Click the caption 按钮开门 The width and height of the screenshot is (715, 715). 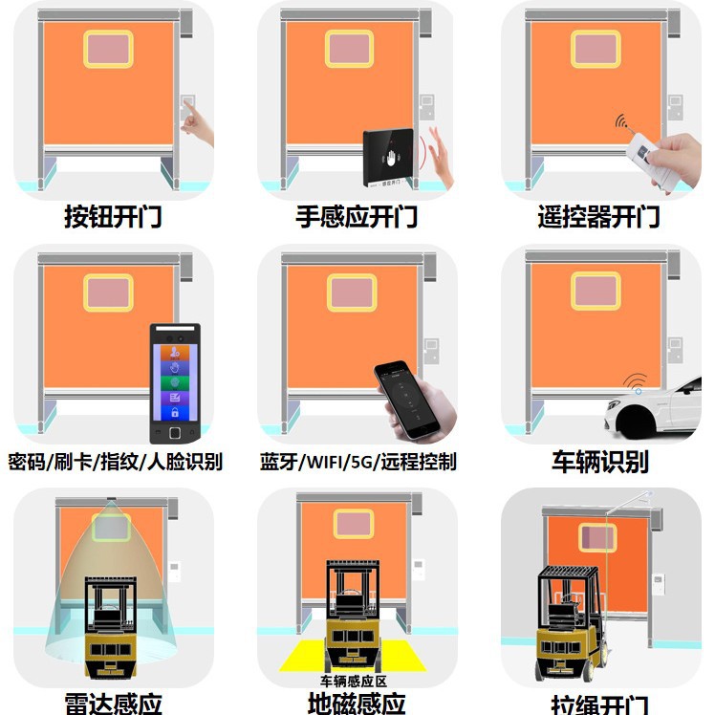click(x=113, y=217)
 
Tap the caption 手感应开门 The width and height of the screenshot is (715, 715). click(x=357, y=217)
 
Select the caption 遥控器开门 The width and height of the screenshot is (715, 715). click(x=598, y=217)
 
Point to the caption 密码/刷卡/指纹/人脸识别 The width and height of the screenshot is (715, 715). click(x=115, y=462)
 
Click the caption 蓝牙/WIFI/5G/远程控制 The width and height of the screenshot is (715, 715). click(x=357, y=462)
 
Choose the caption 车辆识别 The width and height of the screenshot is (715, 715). click(x=599, y=462)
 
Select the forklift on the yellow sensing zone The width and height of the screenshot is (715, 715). click(x=356, y=617)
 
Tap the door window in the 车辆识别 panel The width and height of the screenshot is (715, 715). click(x=596, y=291)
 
